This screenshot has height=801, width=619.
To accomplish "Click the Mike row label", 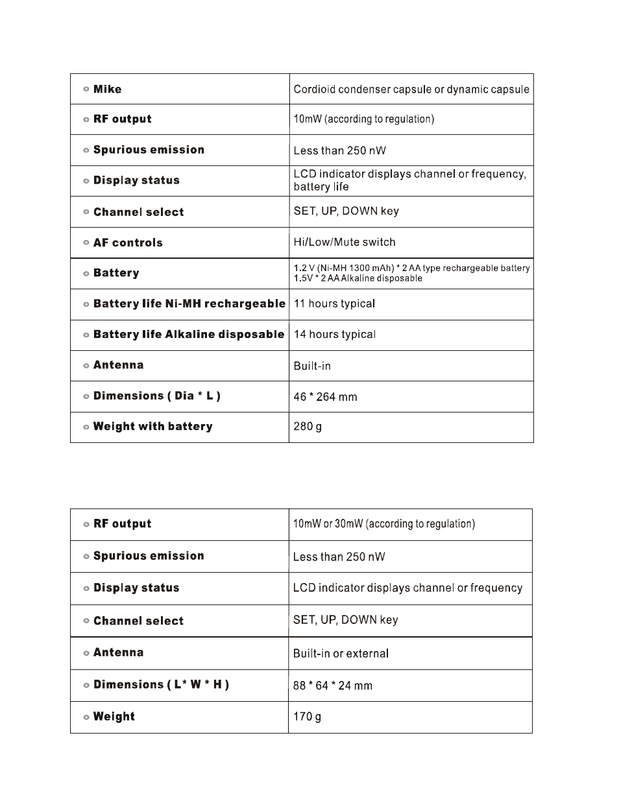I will point(107,90).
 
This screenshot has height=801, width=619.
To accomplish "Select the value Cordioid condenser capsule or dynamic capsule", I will point(411,90).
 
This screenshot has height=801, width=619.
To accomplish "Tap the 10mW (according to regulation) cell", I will point(363,119).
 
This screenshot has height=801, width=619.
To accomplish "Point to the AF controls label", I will point(128,243).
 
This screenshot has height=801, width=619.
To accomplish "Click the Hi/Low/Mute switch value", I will point(344,242).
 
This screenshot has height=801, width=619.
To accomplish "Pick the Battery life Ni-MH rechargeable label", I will point(189,304).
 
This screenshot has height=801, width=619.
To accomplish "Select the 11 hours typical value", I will point(334,304).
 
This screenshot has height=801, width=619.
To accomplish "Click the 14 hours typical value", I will point(334,335).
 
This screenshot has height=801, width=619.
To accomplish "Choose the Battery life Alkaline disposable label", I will point(188,335).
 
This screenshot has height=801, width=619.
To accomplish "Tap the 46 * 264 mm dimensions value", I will point(325,397).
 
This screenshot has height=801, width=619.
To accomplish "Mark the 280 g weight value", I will point(308,427).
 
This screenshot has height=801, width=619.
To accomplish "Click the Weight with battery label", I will point(152,427).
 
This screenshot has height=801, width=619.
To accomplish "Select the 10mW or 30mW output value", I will point(383,524).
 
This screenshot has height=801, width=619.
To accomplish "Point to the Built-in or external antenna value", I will point(341,654).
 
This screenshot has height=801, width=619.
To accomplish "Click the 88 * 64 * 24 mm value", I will point(332,686).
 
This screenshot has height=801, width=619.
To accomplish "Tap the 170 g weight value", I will point(307,717).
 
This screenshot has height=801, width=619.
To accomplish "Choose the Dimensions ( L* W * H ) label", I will point(161,685).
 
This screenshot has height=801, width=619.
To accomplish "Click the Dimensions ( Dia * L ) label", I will point(156,396).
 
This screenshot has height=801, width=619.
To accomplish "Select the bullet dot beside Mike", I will point(86,90).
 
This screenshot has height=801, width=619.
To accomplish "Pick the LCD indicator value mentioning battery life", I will point(409,180).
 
